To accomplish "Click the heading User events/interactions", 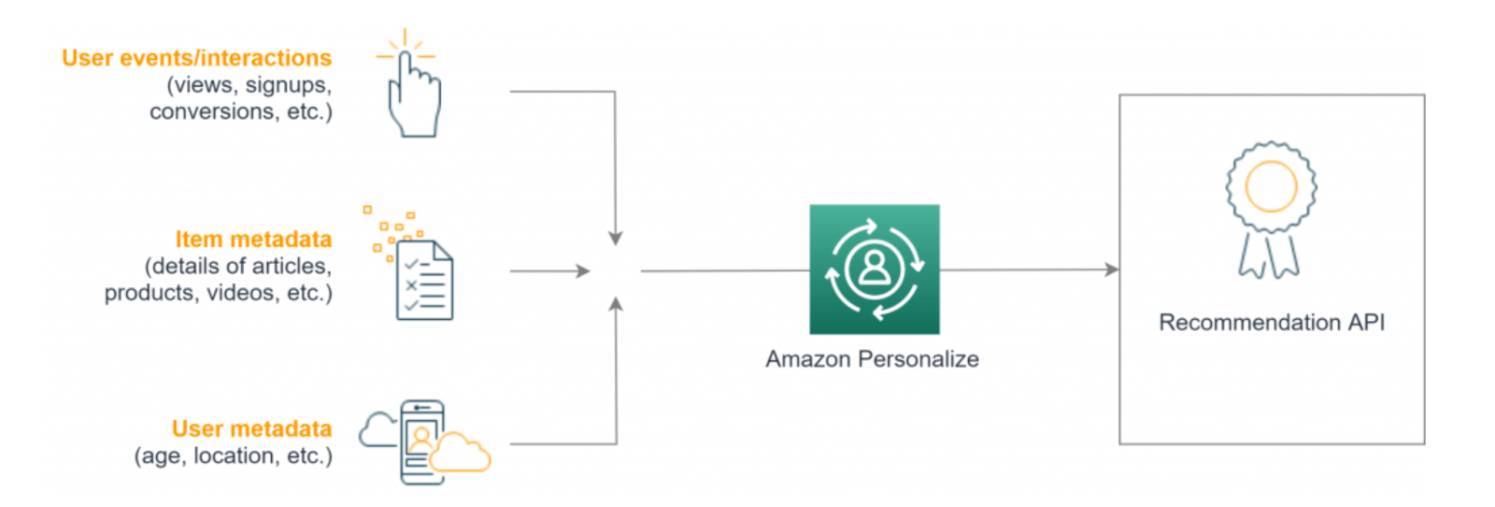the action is [x=197, y=58].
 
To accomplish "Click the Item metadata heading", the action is [x=253, y=239].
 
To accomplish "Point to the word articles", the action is [x=292, y=266].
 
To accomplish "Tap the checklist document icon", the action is [x=424, y=280].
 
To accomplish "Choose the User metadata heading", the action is [x=251, y=428].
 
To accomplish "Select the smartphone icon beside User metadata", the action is [x=421, y=442].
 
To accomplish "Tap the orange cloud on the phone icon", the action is [x=460, y=452].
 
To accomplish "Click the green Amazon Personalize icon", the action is [x=875, y=269].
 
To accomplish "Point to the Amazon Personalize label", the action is [x=873, y=359].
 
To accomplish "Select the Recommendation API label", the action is [x=1272, y=323].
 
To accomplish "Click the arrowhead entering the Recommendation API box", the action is [x=1112, y=269].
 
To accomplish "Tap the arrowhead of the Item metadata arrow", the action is [x=583, y=271].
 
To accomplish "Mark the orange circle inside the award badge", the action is [x=1272, y=186].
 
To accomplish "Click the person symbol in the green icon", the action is [x=875, y=268].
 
